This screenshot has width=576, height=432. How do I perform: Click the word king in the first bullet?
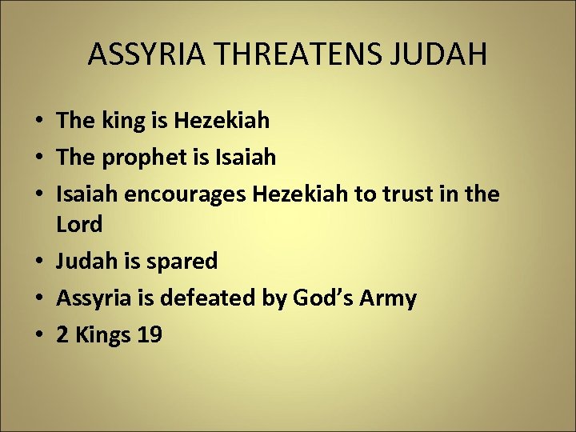pos(120,121)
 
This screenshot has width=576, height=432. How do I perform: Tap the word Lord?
pos(79,225)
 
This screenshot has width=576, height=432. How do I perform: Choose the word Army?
pos(387,298)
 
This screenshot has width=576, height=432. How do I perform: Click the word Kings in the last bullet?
pos(102,335)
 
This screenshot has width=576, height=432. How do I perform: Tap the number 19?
pos(150,335)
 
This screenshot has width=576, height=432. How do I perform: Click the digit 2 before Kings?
pos(62,335)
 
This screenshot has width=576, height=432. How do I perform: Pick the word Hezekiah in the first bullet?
pos(221,121)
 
